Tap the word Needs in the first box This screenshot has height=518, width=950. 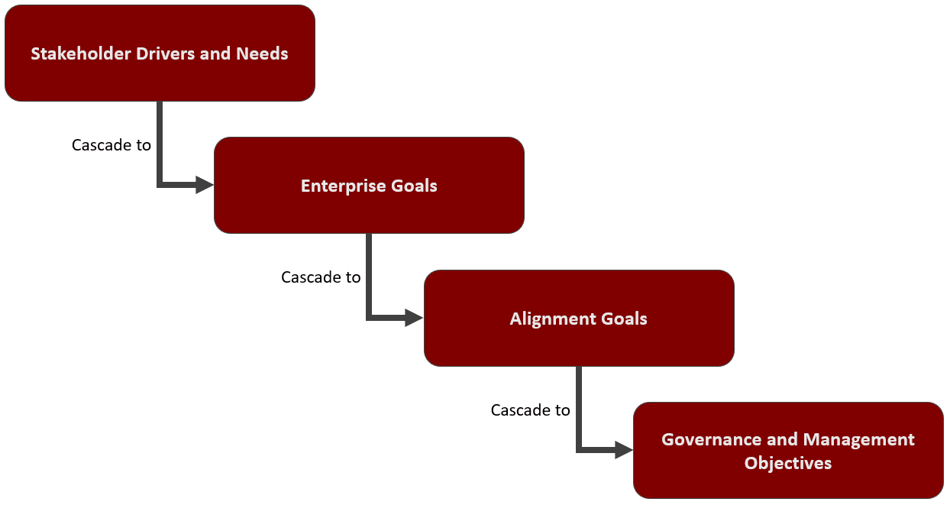(263, 53)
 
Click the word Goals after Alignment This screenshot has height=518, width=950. (624, 319)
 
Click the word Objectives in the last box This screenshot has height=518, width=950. (788, 463)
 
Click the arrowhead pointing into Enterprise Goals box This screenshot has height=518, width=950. (205, 185)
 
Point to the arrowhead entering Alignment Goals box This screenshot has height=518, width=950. (414, 318)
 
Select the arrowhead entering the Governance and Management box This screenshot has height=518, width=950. (624, 451)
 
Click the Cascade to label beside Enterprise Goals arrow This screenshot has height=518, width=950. (111, 144)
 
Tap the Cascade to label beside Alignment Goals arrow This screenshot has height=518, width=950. (321, 277)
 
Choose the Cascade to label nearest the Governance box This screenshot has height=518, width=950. (530, 410)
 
